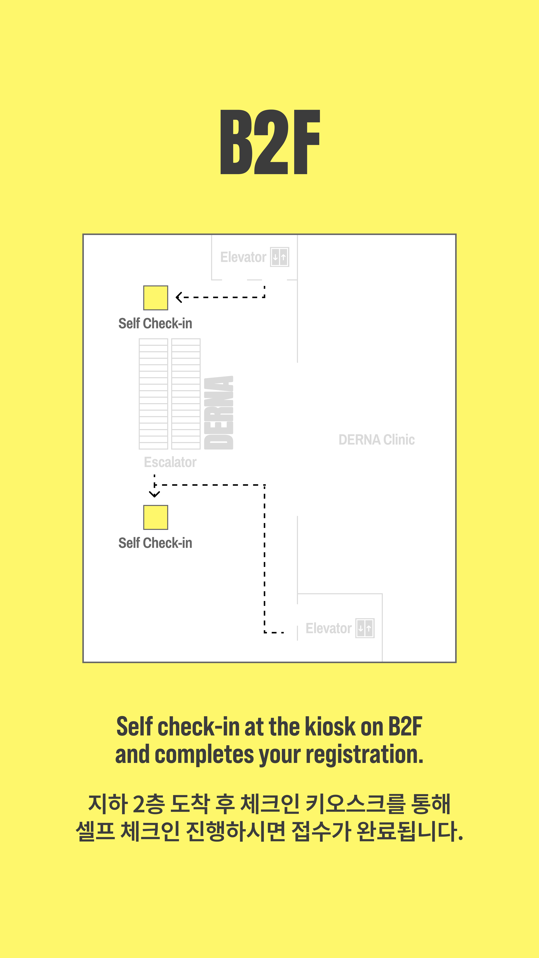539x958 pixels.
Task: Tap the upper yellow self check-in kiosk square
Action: point(155,298)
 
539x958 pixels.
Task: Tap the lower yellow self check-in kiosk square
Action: point(155,517)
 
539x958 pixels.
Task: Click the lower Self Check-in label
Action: point(155,543)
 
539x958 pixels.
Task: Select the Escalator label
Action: point(170,462)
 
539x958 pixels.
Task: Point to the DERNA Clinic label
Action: point(376,440)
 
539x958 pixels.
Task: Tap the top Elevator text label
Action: point(243,257)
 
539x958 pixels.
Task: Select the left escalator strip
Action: point(153,394)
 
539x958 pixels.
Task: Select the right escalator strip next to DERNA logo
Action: point(186,394)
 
